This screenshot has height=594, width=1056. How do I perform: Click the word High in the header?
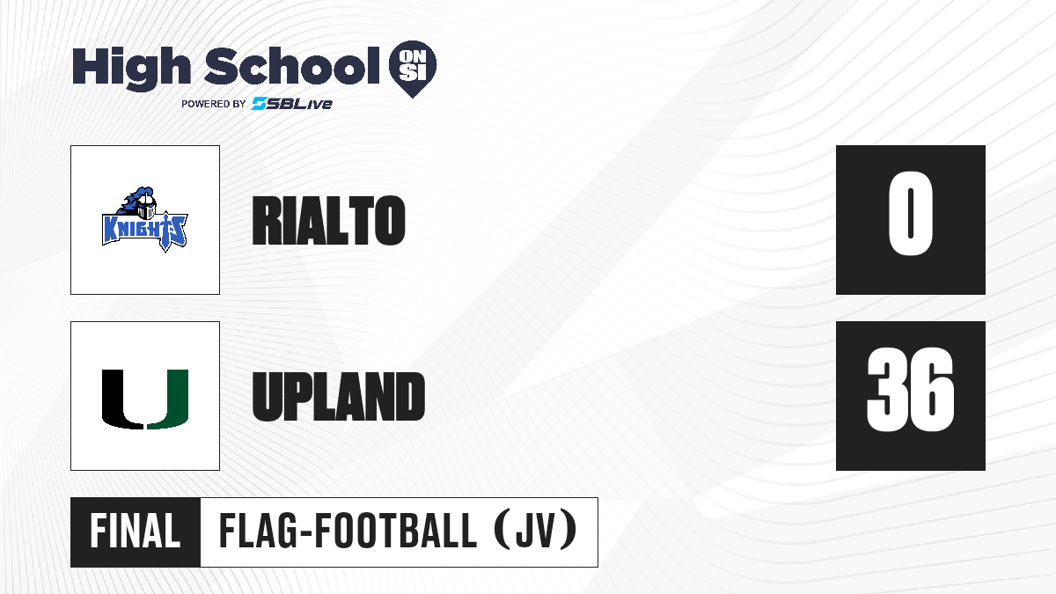tap(131, 69)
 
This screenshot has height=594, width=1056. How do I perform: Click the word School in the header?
tap(292, 65)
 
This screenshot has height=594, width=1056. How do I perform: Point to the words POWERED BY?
tap(214, 104)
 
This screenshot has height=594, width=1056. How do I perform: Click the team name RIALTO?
tap(328, 220)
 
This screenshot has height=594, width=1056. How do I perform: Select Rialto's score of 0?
tap(910, 214)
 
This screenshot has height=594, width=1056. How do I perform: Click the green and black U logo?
tap(145, 400)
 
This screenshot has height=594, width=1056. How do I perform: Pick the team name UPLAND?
tap(339, 396)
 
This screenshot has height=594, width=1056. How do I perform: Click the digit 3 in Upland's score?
tap(887, 390)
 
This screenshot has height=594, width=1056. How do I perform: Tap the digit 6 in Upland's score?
tap(933, 390)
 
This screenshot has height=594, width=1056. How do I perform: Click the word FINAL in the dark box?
tap(136, 532)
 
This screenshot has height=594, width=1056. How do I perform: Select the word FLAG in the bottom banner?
tap(259, 532)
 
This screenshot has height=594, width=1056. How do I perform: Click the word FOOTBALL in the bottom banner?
tap(395, 532)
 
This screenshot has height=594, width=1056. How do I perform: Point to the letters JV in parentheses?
tap(536, 532)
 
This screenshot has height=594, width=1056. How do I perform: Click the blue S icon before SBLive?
tap(259, 104)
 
